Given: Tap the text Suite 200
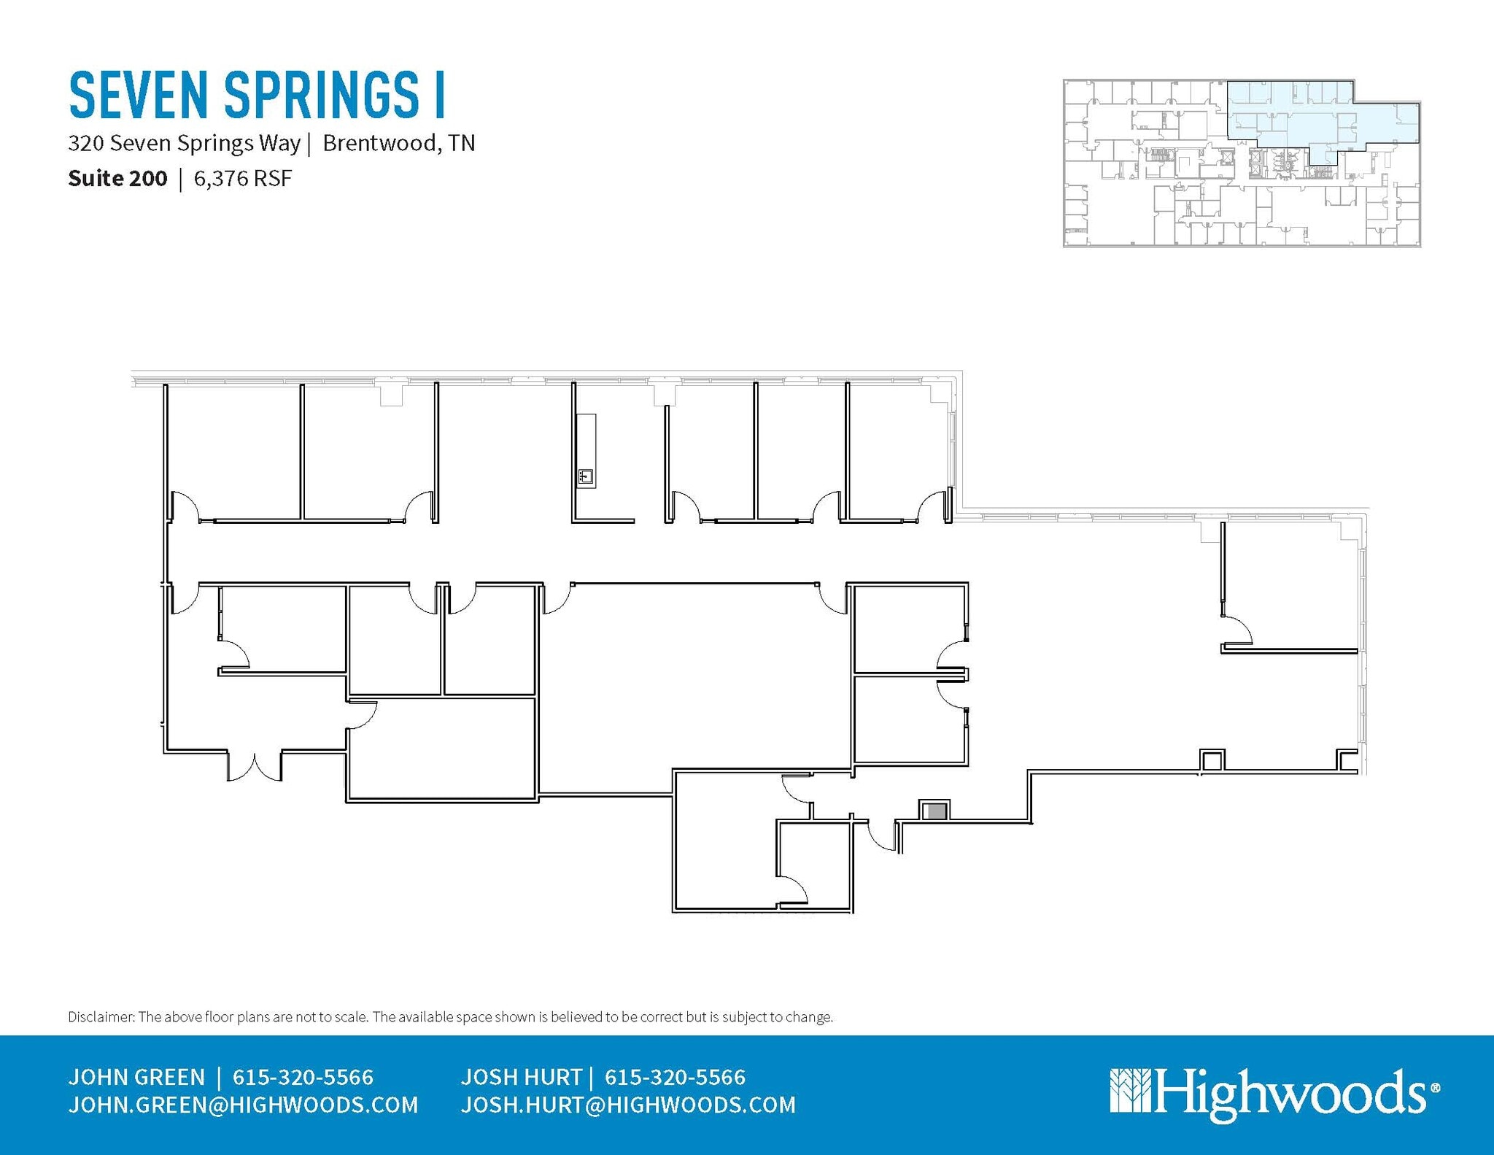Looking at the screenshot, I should click(117, 179).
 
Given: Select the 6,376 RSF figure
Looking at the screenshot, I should click(243, 179).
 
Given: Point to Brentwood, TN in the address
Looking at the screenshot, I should click(398, 143).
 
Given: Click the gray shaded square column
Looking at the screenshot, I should click(934, 811).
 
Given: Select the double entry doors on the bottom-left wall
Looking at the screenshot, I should click(255, 766).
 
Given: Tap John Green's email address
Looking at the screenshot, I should click(243, 1105).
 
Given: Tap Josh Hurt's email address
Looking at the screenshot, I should click(628, 1105).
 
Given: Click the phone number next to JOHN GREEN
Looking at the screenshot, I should click(303, 1077).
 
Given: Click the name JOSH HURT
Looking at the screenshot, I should click(522, 1077).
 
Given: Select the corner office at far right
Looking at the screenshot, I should click(1288, 584).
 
